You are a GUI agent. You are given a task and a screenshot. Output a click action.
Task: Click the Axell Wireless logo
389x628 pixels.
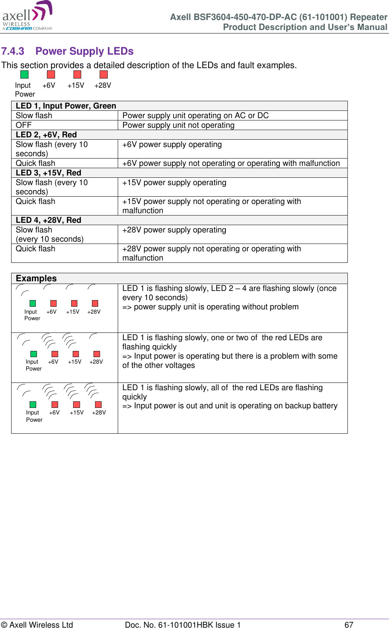[x=27, y=16]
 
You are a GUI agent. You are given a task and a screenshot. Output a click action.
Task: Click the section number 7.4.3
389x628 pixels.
[x=13, y=51]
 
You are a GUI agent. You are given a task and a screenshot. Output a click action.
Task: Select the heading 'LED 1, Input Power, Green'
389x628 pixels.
[x=66, y=106]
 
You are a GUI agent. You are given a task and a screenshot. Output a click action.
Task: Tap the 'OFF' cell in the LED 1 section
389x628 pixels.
[x=23, y=125]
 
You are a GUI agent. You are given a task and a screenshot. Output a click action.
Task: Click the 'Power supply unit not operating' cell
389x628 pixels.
[x=178, y=125]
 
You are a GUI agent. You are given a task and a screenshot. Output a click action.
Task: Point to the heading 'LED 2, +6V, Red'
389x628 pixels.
[x=46, y=135]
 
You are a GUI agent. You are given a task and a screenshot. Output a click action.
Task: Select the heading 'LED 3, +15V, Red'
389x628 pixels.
[x=48, y=173]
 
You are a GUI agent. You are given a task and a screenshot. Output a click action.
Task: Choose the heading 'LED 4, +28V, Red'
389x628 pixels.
[x=48, y=220]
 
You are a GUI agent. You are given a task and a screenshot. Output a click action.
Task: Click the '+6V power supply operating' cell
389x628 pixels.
[x=172, y=144]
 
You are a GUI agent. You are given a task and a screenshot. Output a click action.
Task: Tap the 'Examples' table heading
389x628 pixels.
[x=36, y=278]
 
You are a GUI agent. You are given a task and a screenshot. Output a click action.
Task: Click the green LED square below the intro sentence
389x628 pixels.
[x=24, y=74]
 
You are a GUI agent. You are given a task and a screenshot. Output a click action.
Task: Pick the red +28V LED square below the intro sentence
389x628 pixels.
[x=104, y=74]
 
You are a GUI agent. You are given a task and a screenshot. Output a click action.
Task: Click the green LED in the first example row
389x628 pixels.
[x=33, y=303]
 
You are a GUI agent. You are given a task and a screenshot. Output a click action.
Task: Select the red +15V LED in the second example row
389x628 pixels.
[x=76, y=354]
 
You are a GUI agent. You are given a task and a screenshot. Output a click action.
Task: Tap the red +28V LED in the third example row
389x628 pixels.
[x=98, y=404]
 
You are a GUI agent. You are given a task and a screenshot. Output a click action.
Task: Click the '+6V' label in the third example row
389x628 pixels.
[x=54, y=413]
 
